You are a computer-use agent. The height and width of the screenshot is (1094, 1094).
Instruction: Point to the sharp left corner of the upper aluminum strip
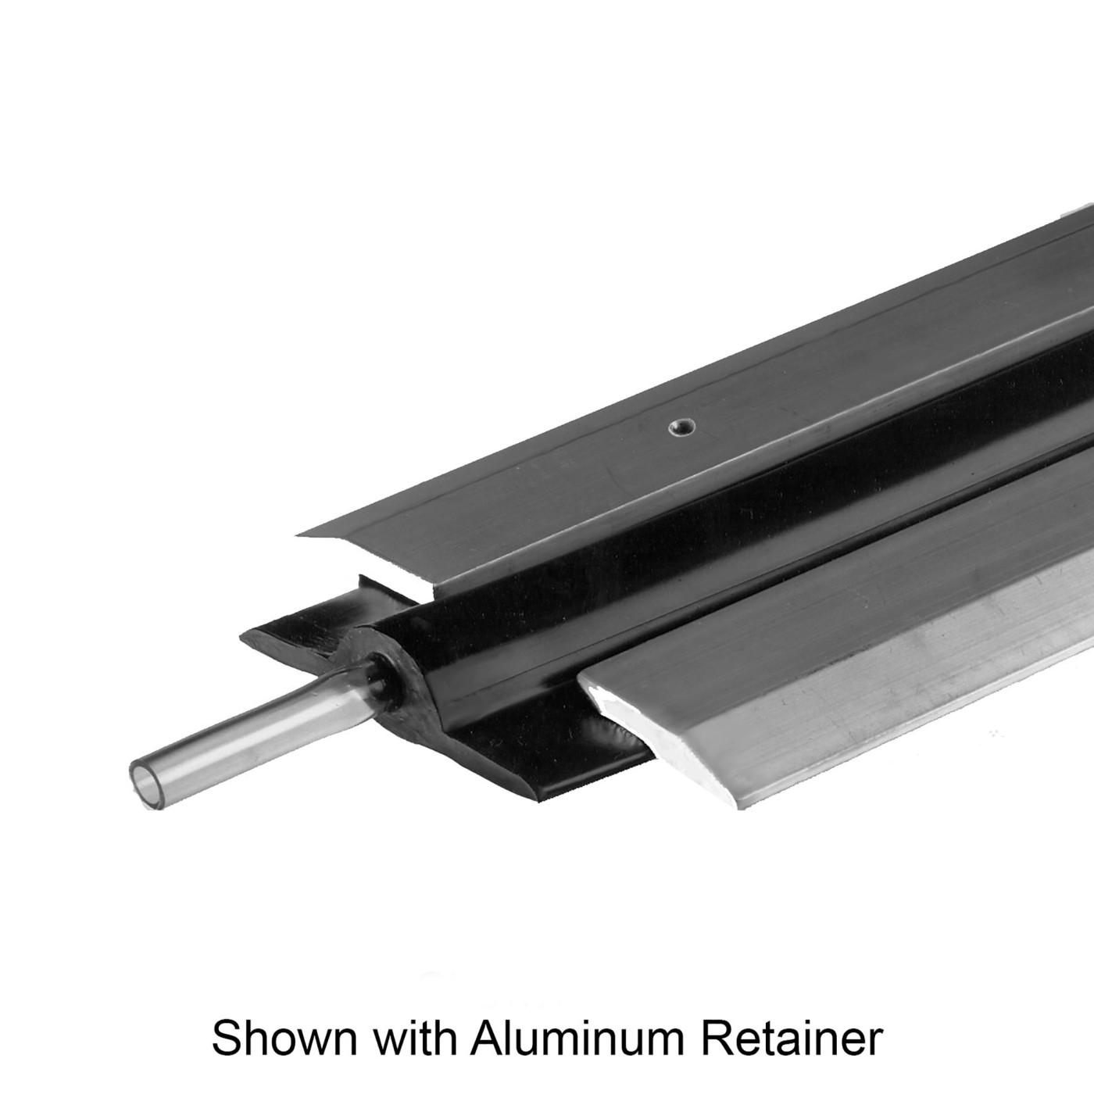click(x=298, y=534)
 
